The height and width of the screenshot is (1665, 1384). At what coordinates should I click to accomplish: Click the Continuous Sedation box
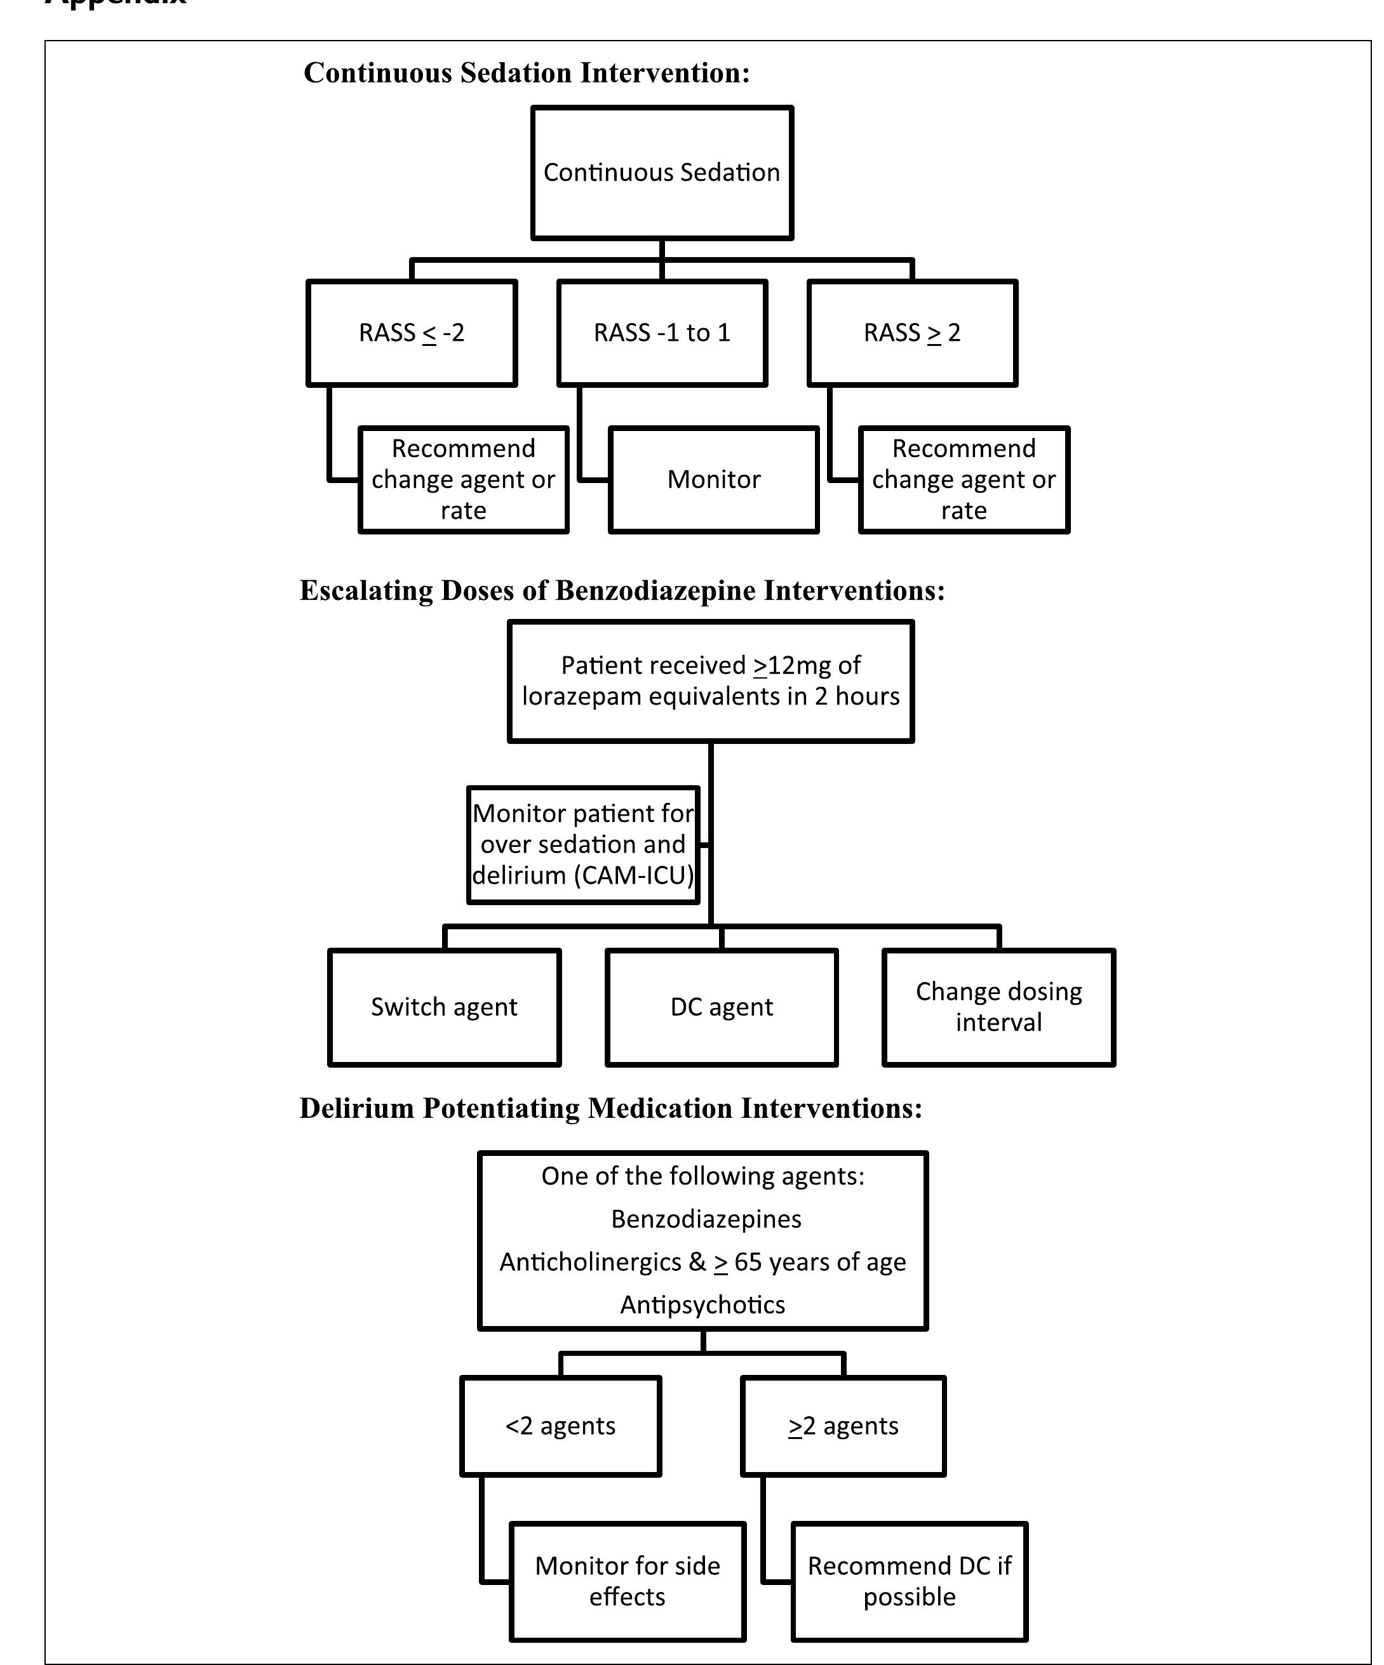point(661,173)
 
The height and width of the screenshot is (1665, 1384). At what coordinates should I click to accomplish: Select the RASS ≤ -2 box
point(412,333)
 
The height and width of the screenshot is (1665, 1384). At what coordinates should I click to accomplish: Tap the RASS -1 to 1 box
point(661,333)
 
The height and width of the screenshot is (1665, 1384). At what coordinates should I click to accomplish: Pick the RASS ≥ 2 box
point(912,333)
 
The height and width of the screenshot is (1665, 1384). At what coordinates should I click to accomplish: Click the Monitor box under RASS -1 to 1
point(713,480)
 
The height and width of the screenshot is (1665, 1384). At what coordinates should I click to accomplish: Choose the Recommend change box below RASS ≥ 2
point(964,480)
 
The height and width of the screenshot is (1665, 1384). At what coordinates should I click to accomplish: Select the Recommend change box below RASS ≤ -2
point(463,480)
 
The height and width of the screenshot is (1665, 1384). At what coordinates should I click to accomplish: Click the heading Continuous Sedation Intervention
point(527,73)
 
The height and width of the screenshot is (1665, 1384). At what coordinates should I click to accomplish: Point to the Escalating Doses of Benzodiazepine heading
point(622,591)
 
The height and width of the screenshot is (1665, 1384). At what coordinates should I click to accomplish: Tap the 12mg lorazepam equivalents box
point(711,681)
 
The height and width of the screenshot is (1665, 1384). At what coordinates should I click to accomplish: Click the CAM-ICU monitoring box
point(583,844)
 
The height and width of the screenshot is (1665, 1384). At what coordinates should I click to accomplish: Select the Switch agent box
point(444,1007)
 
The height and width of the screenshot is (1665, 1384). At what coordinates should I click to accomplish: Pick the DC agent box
point(721,1007)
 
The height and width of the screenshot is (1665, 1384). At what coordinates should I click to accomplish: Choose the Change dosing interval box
point(998,1007)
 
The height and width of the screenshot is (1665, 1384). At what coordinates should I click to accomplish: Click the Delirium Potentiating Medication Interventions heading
point(611,1108)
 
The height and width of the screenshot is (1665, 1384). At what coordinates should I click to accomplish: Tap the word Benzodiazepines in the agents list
point(706,1219)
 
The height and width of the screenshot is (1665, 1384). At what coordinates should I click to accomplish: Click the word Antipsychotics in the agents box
point(702,1304)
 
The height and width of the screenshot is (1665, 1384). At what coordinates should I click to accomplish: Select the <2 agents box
point(560,1426)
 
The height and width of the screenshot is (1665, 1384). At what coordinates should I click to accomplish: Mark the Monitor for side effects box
point(628,1581)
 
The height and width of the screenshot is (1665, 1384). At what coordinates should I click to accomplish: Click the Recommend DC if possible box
point(909,1581)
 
